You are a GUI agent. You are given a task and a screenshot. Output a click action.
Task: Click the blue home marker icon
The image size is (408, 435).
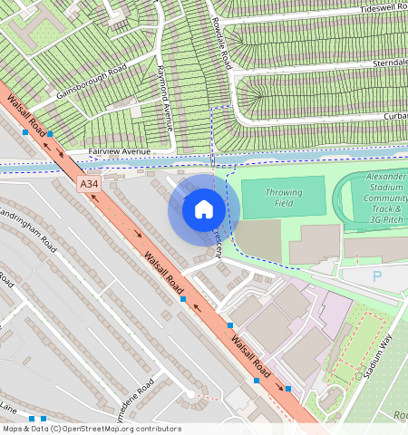pyautogui.click(x=204, y=210)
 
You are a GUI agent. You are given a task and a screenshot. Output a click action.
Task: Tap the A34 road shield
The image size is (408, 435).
pyautogui.click(x=88, y=184)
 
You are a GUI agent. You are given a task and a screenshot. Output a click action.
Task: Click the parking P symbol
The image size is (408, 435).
pyautogui.click(x=377, y=275)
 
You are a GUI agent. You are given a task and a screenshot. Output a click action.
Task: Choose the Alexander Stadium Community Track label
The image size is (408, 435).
pyautogui.click(x=386, y=197)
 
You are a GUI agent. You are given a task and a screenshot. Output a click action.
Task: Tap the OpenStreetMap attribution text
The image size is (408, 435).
pyautogui.click(x=92, y=429)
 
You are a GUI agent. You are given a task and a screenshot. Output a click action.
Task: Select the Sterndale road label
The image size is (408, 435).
pyautogui.click(x=390, y=63)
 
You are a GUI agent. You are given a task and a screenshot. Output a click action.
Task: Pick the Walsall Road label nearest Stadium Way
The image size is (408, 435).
pyautogui.click(x=250, y=353)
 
